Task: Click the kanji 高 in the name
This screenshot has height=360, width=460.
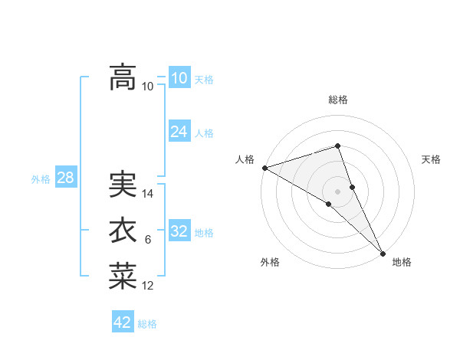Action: pyautogui.click(x=123, y=77)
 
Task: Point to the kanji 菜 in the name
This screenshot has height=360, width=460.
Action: pyautogui.click(x=123, y=277)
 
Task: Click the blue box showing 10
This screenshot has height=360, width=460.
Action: pyautogui.click(x=179, y=78)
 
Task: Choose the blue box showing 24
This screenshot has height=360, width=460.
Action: pyautogui.click(x=179, y=132)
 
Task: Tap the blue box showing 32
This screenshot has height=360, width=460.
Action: pyautogui.click(x=179, y=231)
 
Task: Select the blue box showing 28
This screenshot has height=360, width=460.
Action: pyautogui.click(x=65, y=178)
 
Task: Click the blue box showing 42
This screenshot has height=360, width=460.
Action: pyautogui.click(x=123, y=322)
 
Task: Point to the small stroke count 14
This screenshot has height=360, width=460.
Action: pyautogui.click(x=148, y=194)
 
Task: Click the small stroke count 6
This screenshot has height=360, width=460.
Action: pyautogui.click(x=148, y=241)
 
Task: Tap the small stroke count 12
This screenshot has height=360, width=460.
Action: pyautogui.click(x=148, y=286)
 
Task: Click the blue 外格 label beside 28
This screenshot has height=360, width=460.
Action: pyautogui.click(x=41, y=179)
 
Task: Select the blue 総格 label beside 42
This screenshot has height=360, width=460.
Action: pyautogui.click(x=147, y=324)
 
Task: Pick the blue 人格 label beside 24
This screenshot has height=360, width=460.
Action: pyautogui.click(x=204, y=133)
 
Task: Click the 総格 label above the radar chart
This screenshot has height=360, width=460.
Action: pyautogui.click(x=338, y=100)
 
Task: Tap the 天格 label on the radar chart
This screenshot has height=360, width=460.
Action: pyautogui.click(x=432, y=159)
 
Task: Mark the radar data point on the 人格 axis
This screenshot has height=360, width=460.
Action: pyautogui.click(x=264, y=168)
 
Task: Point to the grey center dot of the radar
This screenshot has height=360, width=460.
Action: pyautogui.click(x=338, y=191)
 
